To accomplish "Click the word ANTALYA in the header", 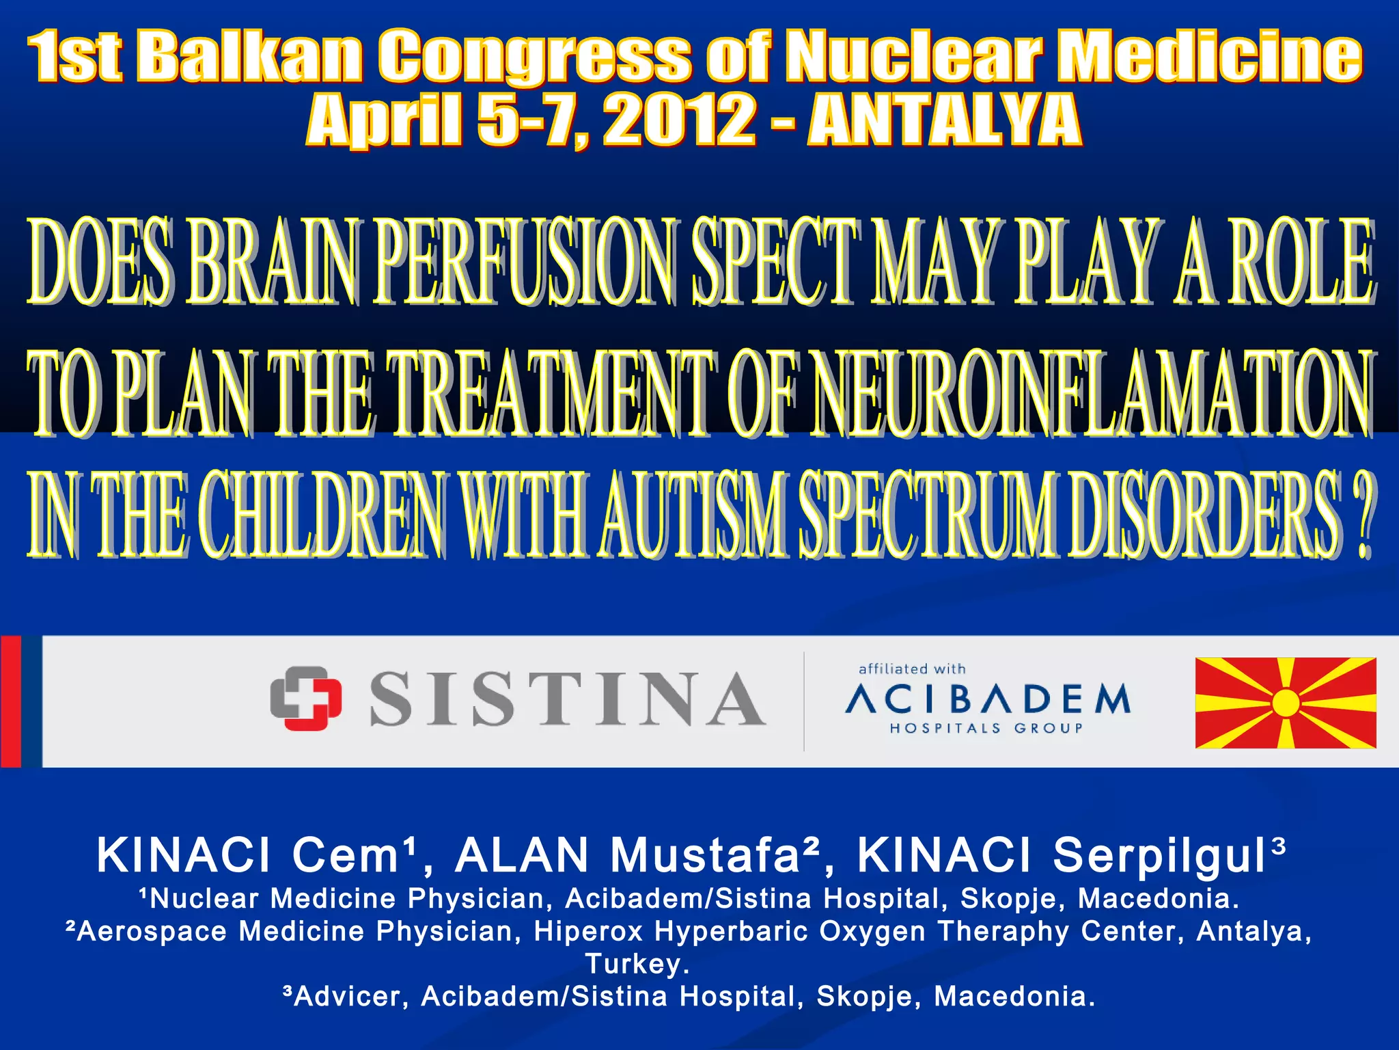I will [944, 120].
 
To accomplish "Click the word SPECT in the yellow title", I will [775, 261].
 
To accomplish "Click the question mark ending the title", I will [1362, 514].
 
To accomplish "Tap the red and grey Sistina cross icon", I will [305, 698].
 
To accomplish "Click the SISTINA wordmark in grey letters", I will [567, 699].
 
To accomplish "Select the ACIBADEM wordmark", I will [988, 699].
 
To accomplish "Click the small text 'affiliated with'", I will [912, 669].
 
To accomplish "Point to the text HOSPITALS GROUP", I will [986, 729].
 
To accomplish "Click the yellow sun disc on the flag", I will [1286, 703].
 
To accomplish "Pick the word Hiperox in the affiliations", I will [589, 932].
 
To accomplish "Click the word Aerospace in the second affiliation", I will [151, 932].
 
